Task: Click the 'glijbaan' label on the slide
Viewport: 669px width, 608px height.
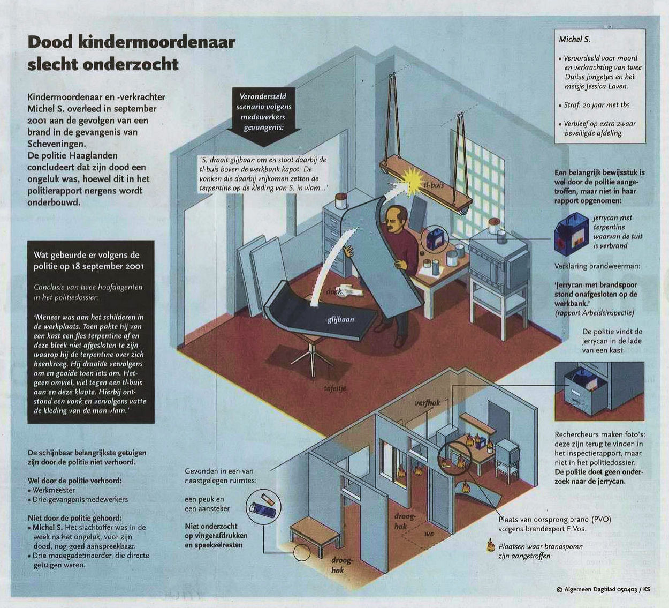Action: pyautogui.click(x=340, y=319)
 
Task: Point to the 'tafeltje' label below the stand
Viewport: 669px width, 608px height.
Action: pyautogui.click(x=335, y=389)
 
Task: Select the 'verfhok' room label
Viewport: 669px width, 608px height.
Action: pyautogui.click(x=428, y=403)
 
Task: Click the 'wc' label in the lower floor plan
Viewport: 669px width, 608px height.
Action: pyautogui.click(x=429, y=534)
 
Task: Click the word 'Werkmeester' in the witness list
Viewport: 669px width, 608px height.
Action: pyautogui.click(x=54, y=490)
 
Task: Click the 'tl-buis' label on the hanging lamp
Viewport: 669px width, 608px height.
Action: pyautogui.click(x=434, y=184)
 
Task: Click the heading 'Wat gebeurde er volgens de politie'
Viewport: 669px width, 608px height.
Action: pyautogui.click(x=89, y=261)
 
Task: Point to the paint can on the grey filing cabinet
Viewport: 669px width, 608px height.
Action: pyautogui.click(x=341, y=200)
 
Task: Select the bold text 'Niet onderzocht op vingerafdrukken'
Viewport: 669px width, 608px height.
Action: pyautogui.click(x=216, y=530)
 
